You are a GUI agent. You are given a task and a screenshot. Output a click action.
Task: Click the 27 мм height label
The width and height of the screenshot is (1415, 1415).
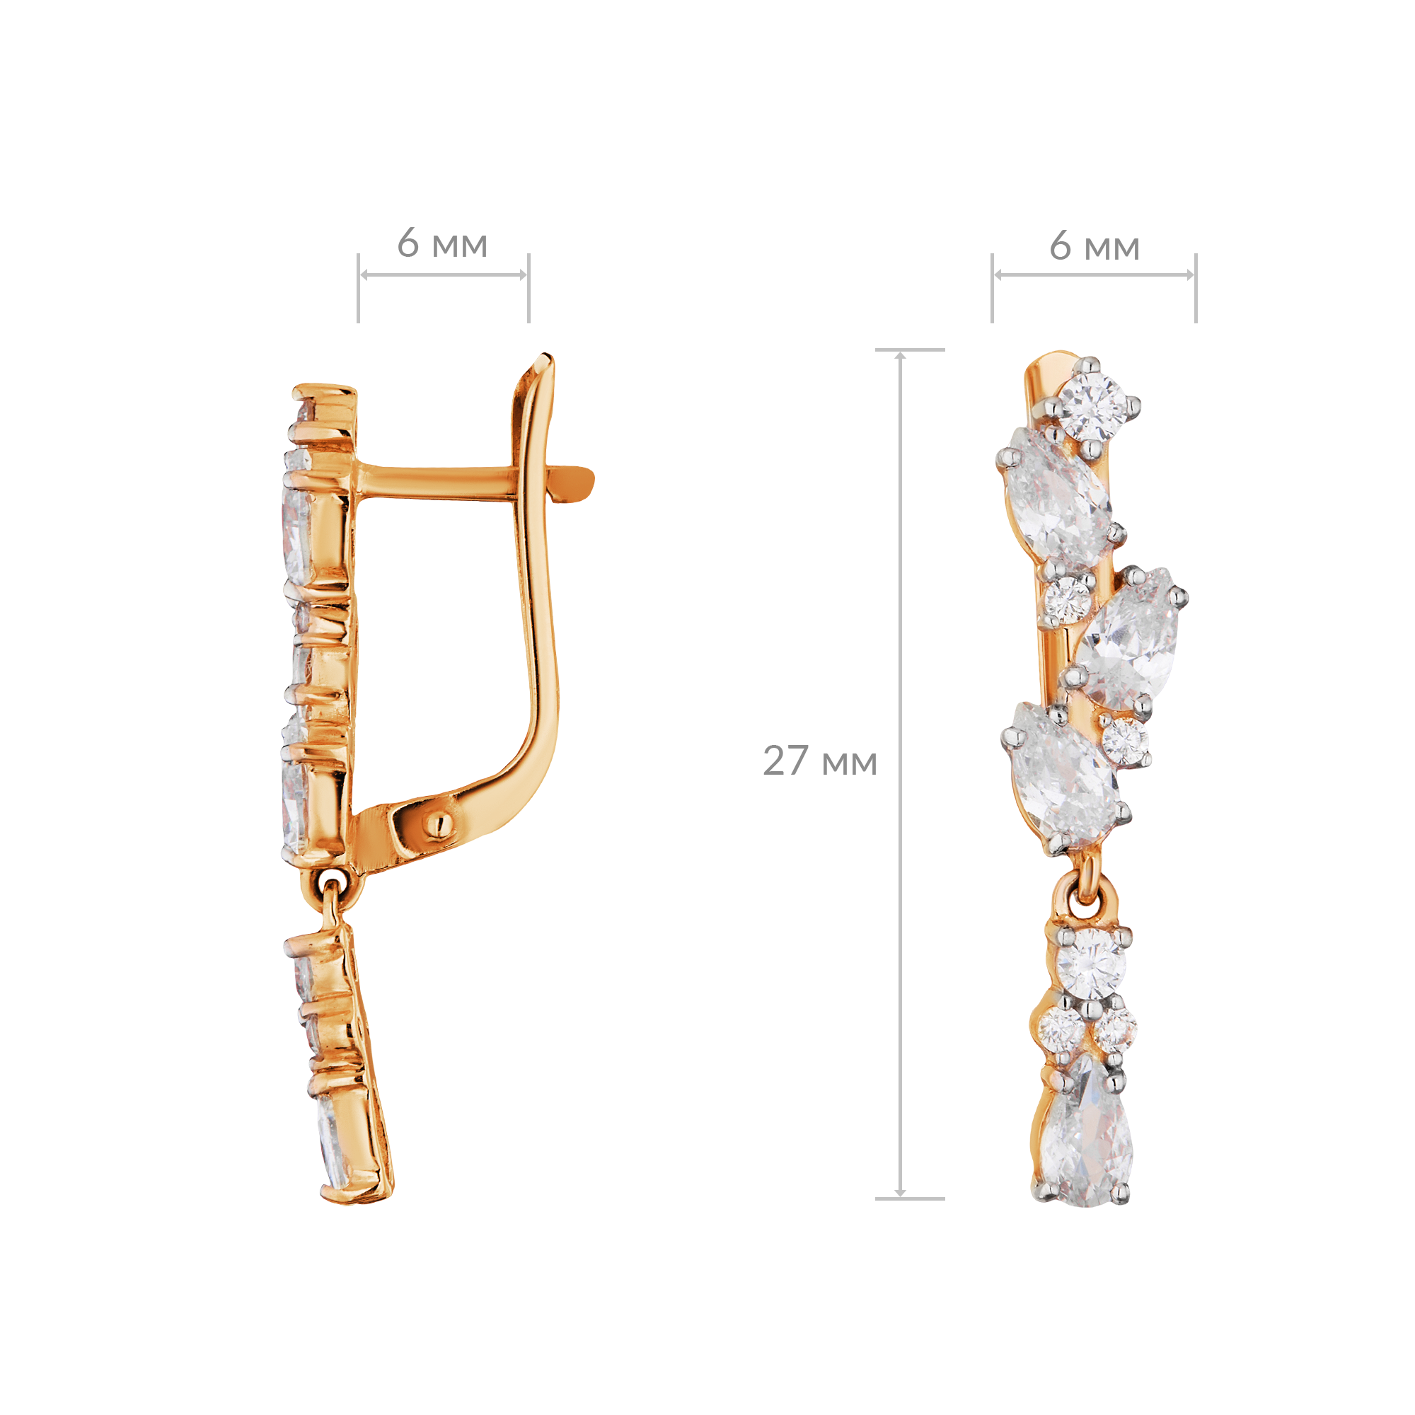[x=819, y=762]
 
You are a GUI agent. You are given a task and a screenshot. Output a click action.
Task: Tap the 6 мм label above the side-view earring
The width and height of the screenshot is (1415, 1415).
[x=442, y=243]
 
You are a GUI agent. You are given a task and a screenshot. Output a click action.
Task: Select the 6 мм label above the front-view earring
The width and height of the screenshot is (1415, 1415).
[x=1095, y=246]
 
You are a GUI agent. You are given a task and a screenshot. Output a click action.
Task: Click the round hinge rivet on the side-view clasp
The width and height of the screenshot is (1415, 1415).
[x=436, y=826]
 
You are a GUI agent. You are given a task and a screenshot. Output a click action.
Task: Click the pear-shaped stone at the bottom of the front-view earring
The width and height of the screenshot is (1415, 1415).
[x=1085, y=1136]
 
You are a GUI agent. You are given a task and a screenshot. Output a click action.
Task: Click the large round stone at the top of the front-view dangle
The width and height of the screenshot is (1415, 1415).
[x=1092, y=964]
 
